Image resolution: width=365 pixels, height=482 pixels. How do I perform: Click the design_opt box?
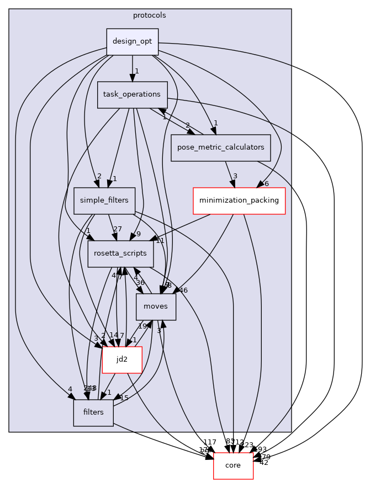(x=132, y=42)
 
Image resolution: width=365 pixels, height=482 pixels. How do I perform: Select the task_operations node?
(x=132, y=95)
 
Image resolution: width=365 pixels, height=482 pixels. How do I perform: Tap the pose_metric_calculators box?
(x=220, y=148)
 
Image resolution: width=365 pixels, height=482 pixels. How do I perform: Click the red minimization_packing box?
(x=239, y=200)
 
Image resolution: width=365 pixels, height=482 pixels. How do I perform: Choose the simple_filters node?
(x=104, y=200)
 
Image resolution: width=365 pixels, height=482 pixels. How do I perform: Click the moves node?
(x=160, y=306)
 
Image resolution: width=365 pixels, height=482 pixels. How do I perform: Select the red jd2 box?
(x=122, y=359)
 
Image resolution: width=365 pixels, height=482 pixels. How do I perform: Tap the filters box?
(x=93, y=412)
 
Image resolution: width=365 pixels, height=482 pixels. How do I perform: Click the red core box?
(x=233, y=465)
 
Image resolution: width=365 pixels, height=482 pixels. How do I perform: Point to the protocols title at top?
(x=150, y=15)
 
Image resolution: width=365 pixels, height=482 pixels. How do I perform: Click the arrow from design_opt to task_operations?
(x=132, y=68)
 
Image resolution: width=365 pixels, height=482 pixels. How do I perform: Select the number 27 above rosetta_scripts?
(x=117, y=229)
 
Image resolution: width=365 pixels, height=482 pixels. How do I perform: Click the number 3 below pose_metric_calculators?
(x=235, y=176)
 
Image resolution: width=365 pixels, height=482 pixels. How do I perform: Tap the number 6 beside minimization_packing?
(x=266, y=184)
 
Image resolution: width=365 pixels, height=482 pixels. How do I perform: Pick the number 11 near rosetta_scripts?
(x=160, y=241)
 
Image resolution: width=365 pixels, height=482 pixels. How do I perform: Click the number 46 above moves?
(x=183, y=290)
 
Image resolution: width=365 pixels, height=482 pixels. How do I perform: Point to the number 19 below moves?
(x=142, y=326)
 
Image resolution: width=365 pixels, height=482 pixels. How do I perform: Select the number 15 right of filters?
(x=124, y=398)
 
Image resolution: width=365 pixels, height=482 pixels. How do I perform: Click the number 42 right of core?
(x=263, y=463)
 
